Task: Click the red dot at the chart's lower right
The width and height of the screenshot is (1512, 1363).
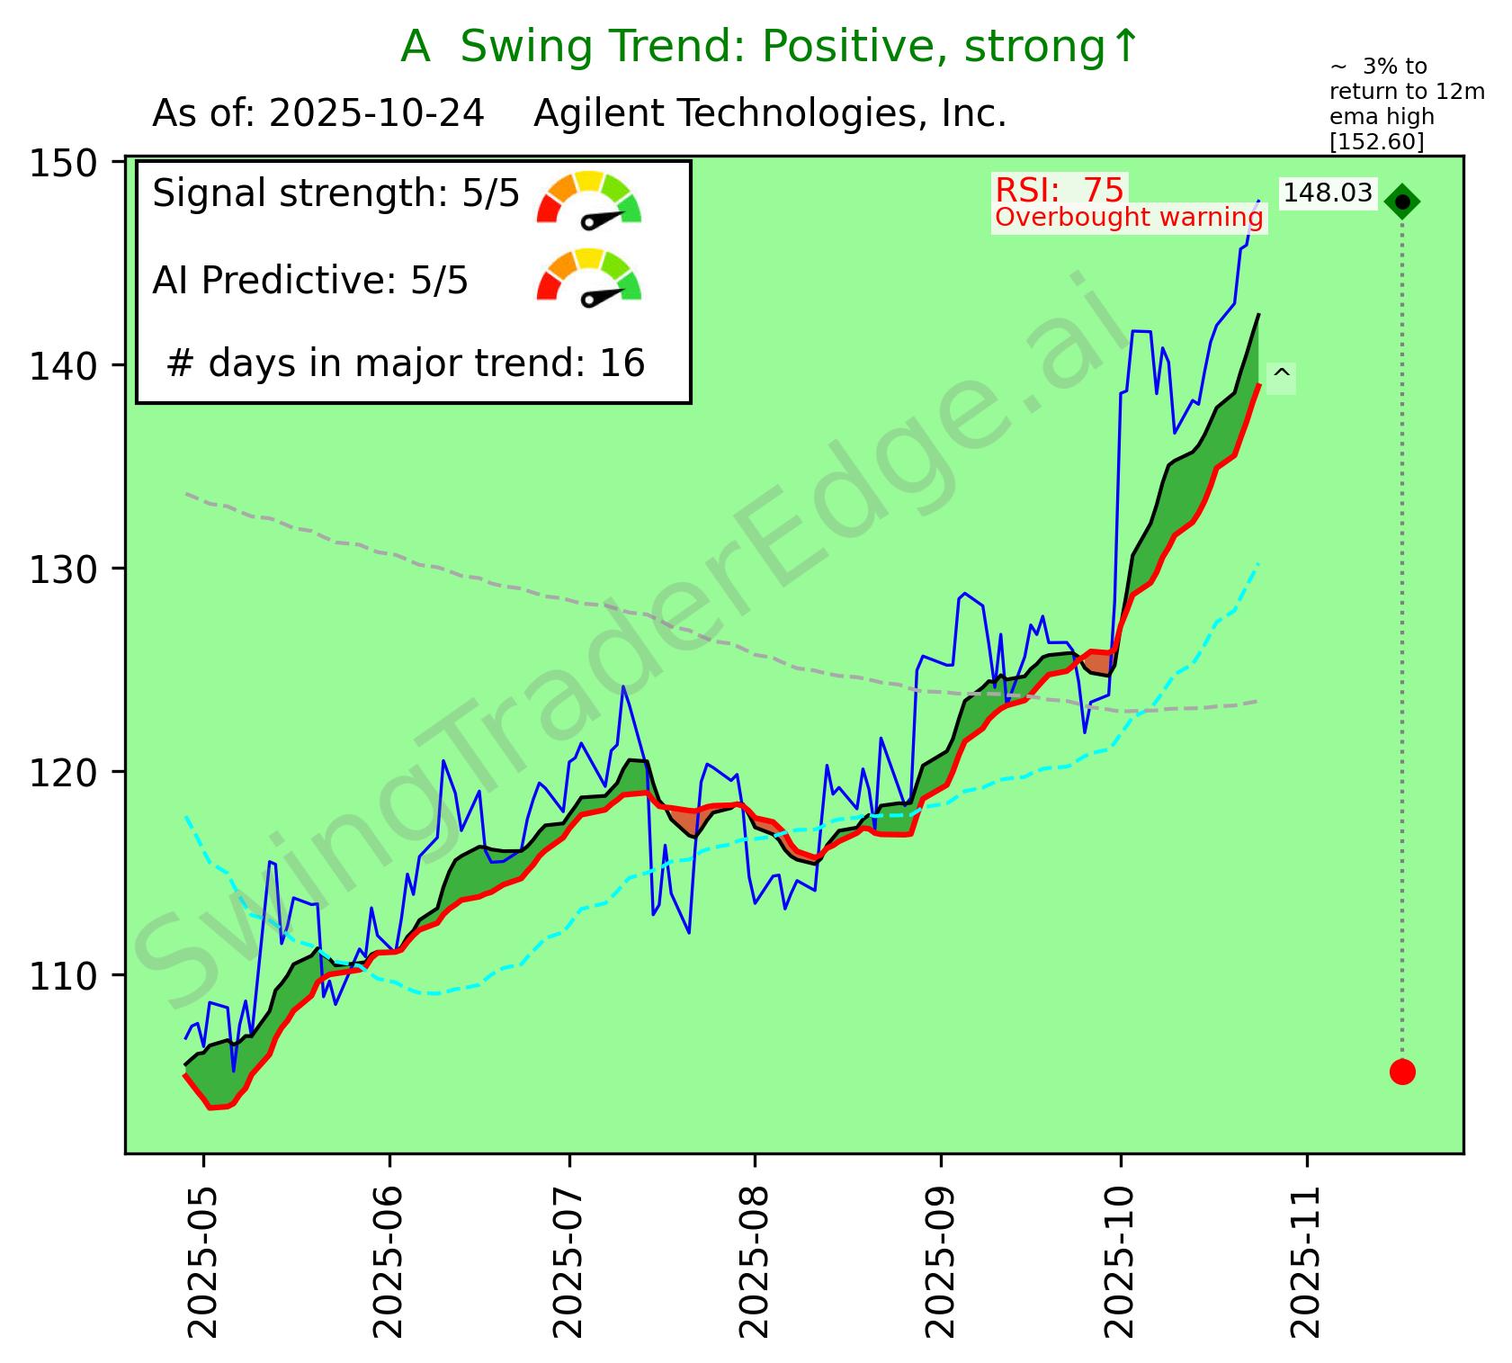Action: click(1401, 1072)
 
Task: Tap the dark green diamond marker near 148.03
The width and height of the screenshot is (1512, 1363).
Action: click(1402, 202)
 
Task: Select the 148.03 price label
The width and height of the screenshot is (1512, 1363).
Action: click(1328, 193)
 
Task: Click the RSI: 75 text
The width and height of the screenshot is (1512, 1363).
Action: click(1059, 190)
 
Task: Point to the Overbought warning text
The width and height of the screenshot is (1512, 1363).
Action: click(1129, 218)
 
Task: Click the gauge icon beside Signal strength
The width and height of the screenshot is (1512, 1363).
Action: click(588, 198)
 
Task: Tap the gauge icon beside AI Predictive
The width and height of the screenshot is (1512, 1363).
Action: click(588, 276)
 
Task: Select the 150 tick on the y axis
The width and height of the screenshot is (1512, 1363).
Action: click(67, 164)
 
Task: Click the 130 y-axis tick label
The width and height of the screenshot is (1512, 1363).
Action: click(67, 569)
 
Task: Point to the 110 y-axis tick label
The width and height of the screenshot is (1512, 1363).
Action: click(67, 975)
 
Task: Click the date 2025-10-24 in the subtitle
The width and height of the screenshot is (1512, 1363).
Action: click(377, 114)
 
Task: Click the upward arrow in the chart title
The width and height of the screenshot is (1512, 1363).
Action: click(1125, 47)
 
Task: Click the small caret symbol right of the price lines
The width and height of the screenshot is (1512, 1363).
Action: click(1282, 376)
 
